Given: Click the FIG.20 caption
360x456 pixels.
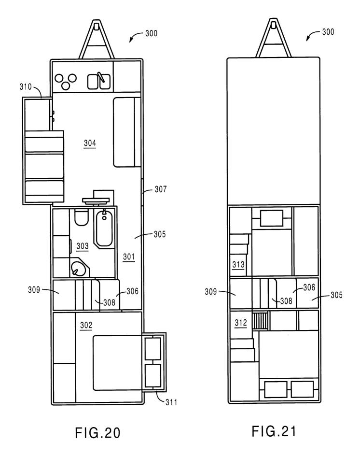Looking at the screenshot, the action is tap(97, 433).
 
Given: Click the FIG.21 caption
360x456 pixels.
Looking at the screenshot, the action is tap(274, 431).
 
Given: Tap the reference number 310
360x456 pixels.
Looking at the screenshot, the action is tap(26, 86).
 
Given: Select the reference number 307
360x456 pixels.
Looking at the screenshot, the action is tap(161, 189).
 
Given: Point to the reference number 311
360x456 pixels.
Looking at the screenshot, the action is tap(171, 402).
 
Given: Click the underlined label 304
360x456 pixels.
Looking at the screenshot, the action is tap(90, 143).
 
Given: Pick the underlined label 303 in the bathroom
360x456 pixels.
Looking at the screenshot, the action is tap(82, 247).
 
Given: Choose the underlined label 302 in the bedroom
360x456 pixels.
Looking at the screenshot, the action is tap(86, 326).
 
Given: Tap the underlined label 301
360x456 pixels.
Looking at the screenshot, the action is tap(129, 257).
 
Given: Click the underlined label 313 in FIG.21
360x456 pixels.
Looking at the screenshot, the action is tap(238, 265).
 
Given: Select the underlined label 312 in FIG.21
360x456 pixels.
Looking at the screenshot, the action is tap(241, 323).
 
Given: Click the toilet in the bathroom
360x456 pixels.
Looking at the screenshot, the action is tap(82, 217).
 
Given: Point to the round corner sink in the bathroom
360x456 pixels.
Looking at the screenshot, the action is tap(79, 268).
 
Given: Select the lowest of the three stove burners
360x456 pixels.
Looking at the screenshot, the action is tap(66, 86).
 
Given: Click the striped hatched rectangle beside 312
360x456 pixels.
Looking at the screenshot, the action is tap(260, 321).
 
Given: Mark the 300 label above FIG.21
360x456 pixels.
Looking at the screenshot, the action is tap(328, 32).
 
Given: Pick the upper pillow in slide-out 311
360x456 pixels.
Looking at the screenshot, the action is tap(153, 348).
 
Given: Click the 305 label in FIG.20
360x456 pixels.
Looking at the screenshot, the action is tap(160, 234).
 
